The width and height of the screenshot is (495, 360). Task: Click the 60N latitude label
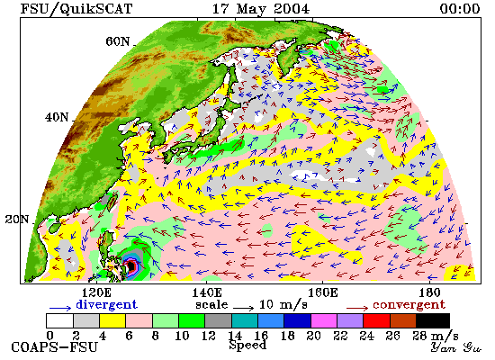tap(117, 41)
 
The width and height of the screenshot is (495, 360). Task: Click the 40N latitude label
tap(57, 118)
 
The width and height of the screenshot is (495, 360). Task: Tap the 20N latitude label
tap(17, 220)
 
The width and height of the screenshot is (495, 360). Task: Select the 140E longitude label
tap(207, 292)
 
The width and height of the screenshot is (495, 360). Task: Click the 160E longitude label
tap(322, 292)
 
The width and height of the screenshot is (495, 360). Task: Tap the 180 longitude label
tap(429, 292)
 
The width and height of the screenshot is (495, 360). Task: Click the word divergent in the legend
tap(107, 304)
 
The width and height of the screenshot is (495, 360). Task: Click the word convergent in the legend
tap(409, 305)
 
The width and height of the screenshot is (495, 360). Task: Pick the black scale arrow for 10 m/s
tap(243, 307)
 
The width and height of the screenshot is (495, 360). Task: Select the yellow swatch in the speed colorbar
tap(112, 320)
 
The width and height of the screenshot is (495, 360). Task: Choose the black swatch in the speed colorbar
tap(433, 320)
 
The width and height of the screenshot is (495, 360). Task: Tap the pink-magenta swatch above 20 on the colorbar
tap(324, 320)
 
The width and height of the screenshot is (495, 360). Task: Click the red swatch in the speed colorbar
tap(376, 320)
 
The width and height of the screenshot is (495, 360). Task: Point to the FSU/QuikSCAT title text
tap(76, 9)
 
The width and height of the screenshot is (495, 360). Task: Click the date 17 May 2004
tap(261, 9)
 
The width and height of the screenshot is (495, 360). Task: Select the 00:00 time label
tap(460, 8)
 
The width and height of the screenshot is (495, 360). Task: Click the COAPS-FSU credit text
tap(54, 347)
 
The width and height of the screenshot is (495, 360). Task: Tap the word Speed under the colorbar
tap(247, 346)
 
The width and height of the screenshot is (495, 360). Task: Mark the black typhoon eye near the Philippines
tap(131, 266)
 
